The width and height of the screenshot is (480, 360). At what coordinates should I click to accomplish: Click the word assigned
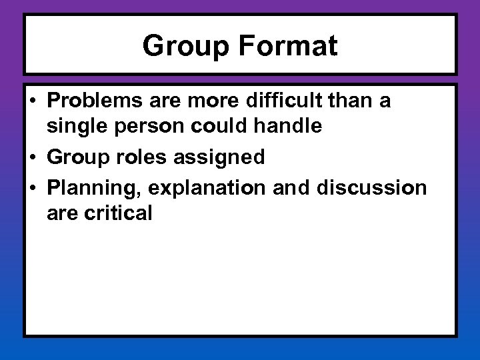(x=219, y=157)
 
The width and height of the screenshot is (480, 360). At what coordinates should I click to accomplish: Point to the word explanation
(x=207, y=188)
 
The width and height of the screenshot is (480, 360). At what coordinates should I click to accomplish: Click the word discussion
(x=372, y=188)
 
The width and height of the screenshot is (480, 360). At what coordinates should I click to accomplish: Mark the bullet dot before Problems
(x=33, y=101)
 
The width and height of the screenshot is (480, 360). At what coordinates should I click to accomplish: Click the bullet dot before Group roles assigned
(x=33, y=158)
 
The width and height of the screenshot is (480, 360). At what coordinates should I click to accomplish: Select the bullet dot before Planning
(x=33, y=189)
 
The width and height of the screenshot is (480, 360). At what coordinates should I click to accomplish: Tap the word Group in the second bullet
(x=75, y=157)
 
